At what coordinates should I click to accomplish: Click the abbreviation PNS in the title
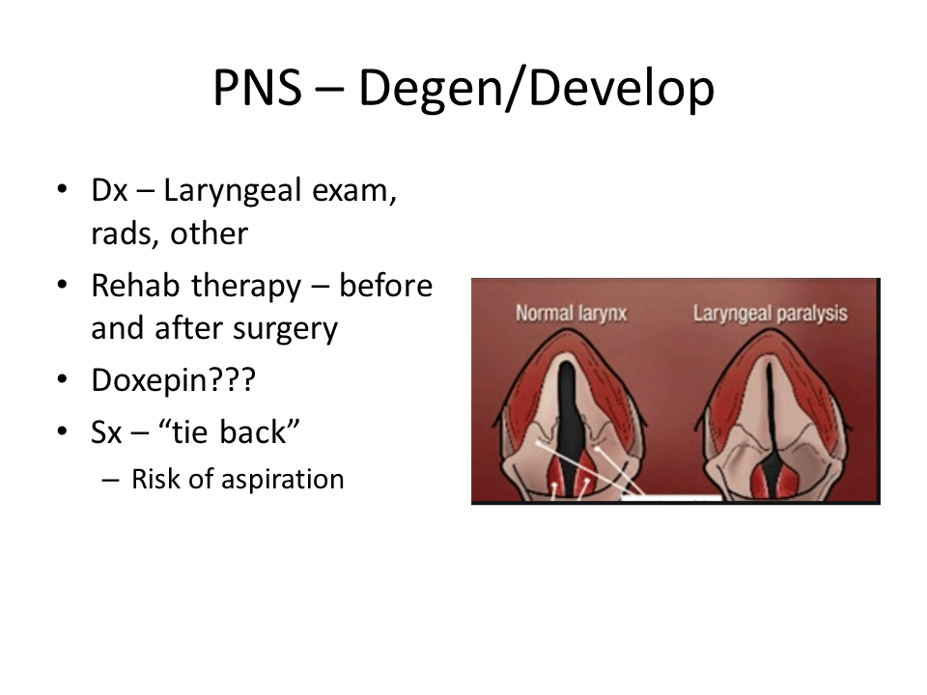coord(258,88)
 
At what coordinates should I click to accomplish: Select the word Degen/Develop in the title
coord(536,89)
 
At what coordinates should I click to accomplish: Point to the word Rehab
coord(135,286)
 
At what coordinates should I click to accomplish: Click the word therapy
coord(246,288)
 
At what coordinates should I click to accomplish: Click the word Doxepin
coord(151,381)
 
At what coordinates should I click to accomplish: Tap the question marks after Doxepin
coord(233,379)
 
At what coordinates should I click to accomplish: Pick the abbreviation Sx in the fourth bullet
coord(106,431)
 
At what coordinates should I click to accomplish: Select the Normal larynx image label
coord(571,313)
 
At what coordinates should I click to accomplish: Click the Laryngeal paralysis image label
coord(771,314)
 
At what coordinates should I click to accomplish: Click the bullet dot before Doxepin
coord(62,379)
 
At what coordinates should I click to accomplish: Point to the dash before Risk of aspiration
coord(110,480)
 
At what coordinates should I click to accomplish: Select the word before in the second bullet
coord(385,286)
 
